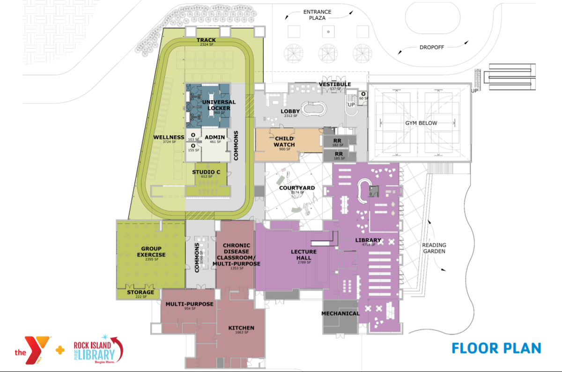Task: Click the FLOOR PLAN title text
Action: pos(496,348)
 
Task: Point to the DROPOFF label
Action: pos(432,47)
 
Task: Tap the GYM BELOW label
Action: pos(421,123)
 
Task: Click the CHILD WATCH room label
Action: pos(284,141)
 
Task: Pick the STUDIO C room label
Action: pos(206,172)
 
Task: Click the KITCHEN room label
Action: pos(241,328)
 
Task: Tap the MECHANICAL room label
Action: pos(340,314)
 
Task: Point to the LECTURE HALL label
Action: pos(303,255)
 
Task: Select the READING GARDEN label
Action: pos(434,248)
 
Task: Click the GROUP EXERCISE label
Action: pos(151,252)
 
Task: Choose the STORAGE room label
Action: pos(140,292)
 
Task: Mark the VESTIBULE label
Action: pos(335,84)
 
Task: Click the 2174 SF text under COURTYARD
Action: pos(297,193)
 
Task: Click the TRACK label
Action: pos(206,40)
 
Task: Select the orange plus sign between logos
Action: pos(60,350)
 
